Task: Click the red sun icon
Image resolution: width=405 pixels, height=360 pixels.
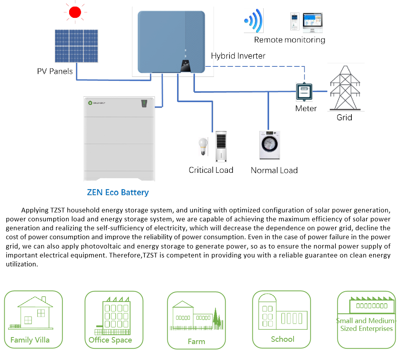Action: click(75, 12)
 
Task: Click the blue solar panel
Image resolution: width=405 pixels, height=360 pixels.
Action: click(76, 46)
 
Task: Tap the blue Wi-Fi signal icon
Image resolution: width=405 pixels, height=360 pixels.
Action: click(254, 21)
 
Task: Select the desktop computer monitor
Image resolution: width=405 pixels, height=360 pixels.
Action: click(313, 23)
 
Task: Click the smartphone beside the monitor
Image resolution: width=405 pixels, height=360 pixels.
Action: click(295, 22)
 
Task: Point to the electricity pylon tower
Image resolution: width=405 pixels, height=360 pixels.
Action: click(346, 87)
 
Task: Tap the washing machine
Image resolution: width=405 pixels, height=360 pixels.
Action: click(269, 145)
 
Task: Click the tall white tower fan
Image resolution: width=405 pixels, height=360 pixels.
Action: click(221, 146)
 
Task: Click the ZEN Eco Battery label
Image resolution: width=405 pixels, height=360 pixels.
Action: click(118, 192)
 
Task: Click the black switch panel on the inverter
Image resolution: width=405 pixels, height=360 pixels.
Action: click(186, 66)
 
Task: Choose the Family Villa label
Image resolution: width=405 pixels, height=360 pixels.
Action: click(30, 340)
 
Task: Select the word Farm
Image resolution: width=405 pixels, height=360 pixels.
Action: click(196, 341)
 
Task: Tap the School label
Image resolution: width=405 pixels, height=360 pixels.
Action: click(282, 339)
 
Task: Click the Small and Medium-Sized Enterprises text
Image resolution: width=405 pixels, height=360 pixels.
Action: click(366, 325)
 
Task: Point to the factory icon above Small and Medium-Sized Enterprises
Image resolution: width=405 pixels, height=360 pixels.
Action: click(372, 305)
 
